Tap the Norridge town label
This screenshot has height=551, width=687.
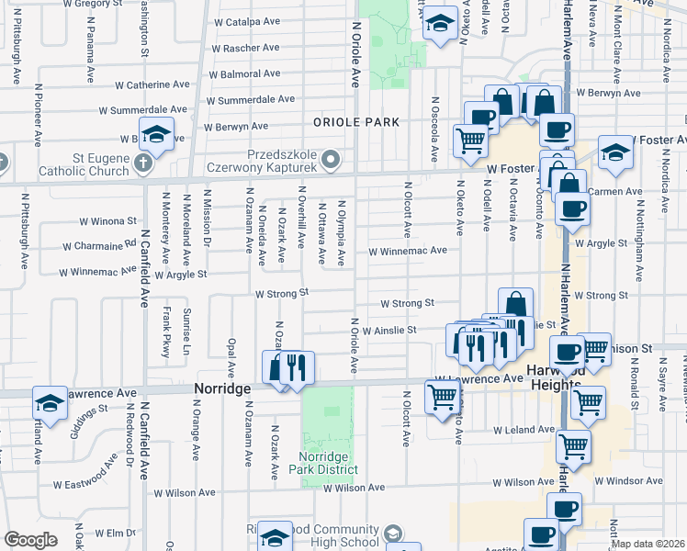pos(222,389)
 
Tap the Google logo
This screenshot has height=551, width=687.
pos(30,540)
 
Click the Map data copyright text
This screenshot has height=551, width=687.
pos(648,544)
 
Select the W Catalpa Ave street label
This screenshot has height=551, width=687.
pos(246,21)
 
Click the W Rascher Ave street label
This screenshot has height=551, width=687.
pos(245,48)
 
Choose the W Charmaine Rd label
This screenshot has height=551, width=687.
pos(99,246)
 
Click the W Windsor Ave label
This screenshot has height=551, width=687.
pos(628,480)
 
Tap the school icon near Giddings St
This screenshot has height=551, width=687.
pos(50,402)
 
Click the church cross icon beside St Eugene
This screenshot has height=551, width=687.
pos(142,163)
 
